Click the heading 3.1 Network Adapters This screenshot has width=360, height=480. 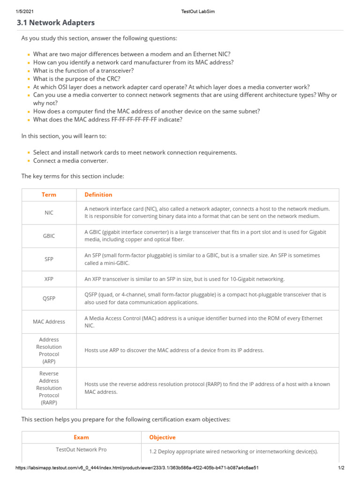tap(56, 22)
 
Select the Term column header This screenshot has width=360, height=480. tap(49, 195)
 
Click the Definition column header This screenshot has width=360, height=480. tap(98, 195)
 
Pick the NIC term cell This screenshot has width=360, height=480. tap(49, 212)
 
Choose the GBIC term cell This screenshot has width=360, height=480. tap(49, 236)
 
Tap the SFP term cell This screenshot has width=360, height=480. tap(49, 259)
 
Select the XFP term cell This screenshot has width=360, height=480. tap(49, 279)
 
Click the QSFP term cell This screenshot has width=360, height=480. tap(49, 299)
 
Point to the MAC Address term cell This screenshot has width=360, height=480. tap(49, 322)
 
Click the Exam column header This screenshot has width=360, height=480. tap(81, 437)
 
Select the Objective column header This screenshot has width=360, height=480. tap(162, 437)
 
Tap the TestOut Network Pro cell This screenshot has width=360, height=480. tap(81, 450)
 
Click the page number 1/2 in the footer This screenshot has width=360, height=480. tap(341, 468)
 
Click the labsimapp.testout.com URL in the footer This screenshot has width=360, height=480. tap(137, 468)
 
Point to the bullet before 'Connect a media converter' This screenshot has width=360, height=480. tap(29, 161)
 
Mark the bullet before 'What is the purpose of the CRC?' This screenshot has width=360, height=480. tap(29, 79)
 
